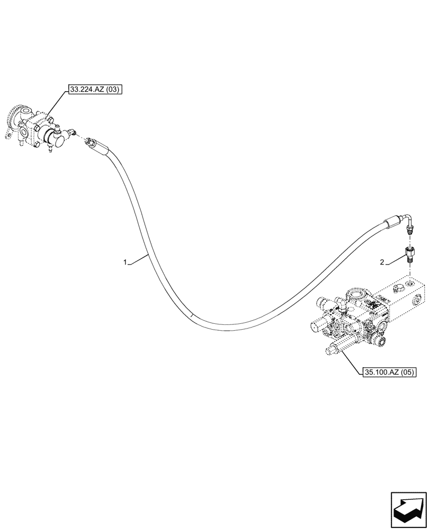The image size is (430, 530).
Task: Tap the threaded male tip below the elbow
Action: pos(410,230)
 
